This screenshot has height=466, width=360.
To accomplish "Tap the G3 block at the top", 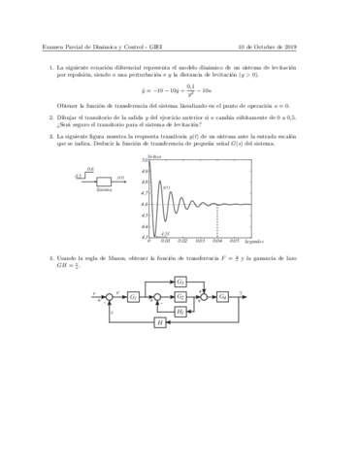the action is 181,280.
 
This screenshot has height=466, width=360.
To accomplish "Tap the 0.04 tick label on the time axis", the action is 216,238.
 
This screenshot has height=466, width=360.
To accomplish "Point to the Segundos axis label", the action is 254,239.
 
